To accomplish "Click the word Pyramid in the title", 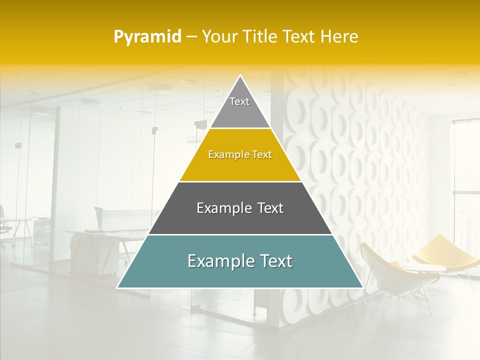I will pyautogui.click(x=147, y=37).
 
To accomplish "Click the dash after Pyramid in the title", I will pyautogui.click(x=191, y=37).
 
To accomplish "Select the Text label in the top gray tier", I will pyautogui.click(x=239, y=101).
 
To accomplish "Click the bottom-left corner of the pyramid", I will pyautogui.click(x=118, y=287).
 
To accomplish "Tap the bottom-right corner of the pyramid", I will pyautogui.click(x=362, y=287).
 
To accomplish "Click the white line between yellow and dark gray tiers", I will pyautogui.click(x=240, y=181).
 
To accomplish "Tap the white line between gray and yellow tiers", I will pyautogui.click(x=240, y=128).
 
